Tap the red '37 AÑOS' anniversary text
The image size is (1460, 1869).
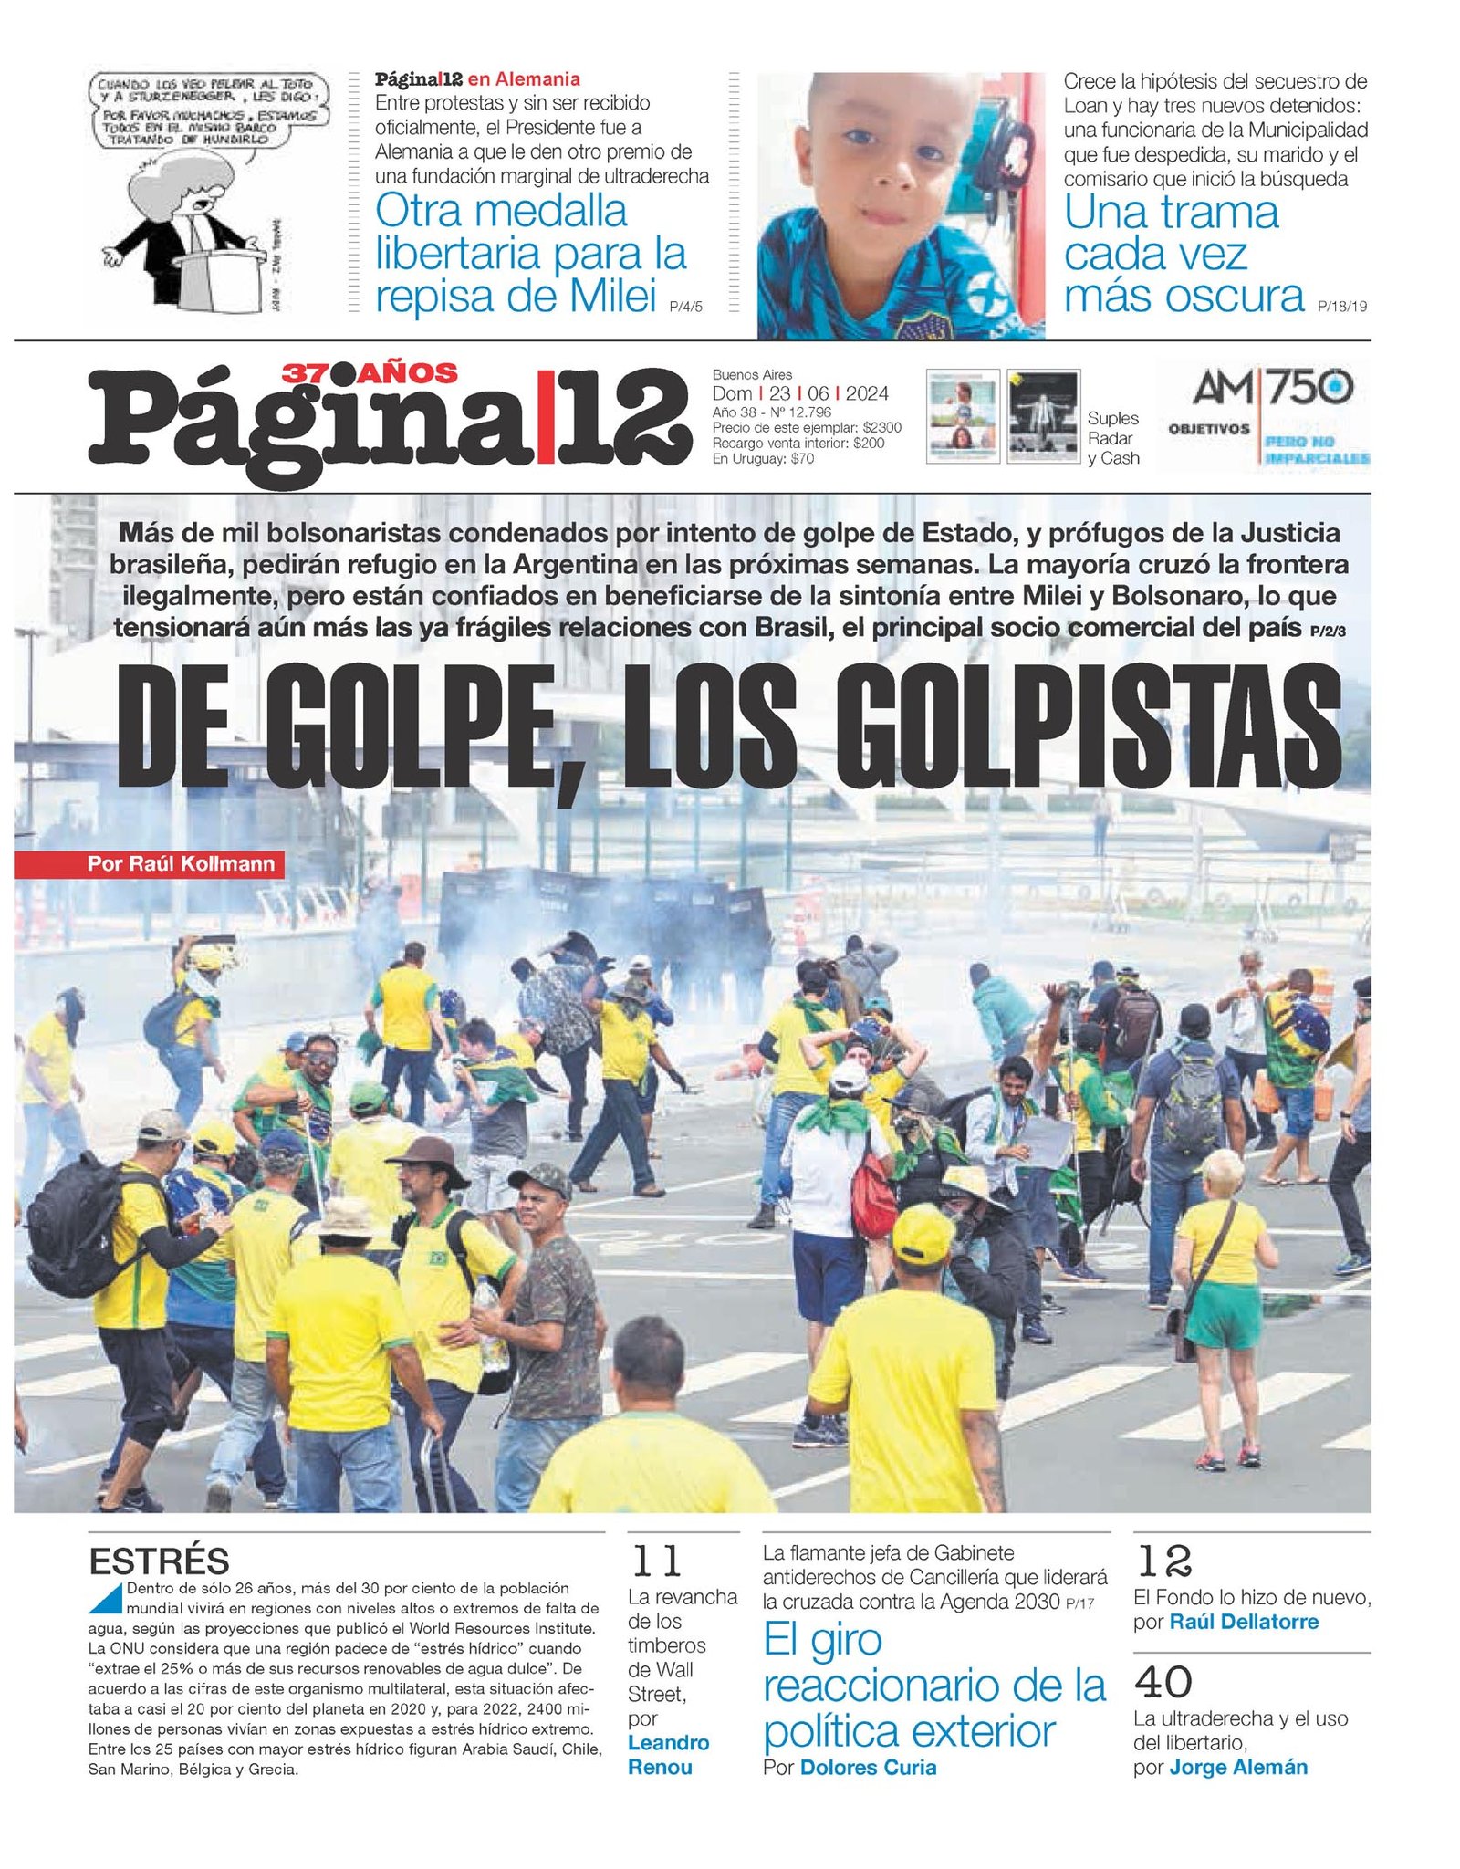370,373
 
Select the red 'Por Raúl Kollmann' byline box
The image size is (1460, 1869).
150,863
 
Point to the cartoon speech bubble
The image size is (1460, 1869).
207,111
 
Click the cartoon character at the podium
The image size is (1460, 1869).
187,233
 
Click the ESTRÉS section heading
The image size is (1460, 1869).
159,1561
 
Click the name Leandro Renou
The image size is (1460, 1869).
668,1754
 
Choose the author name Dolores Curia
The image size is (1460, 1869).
868,1767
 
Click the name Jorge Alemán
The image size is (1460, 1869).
1238,1767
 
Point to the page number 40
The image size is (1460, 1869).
1163,1682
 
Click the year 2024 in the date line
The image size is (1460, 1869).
867,393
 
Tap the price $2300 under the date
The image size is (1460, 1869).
881,427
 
